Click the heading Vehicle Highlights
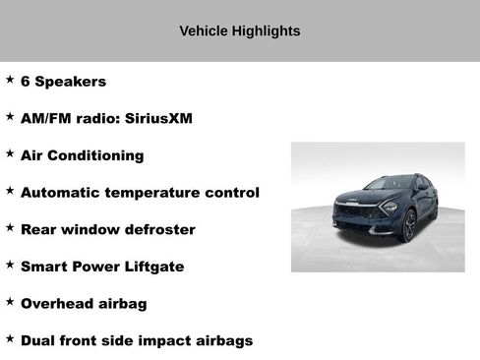point(240,30)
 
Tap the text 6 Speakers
point(63,82)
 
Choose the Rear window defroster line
point(107,229)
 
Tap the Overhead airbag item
point(84,304)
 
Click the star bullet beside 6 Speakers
point(10,79)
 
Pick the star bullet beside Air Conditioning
point(10,153)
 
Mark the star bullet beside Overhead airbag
point(10,301)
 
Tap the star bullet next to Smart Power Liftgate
point(10,264)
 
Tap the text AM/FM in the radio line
point(45,119)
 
